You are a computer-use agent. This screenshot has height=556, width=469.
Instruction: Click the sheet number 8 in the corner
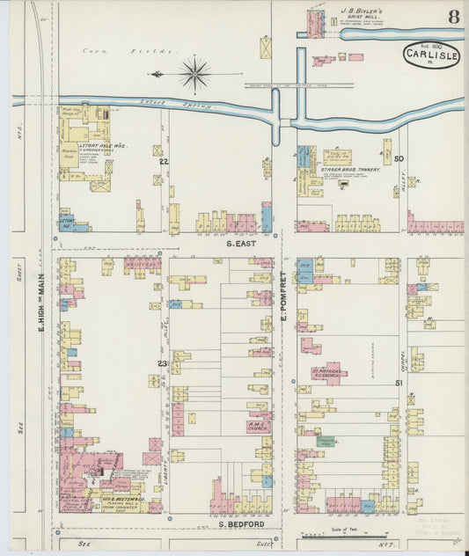coord(452,18)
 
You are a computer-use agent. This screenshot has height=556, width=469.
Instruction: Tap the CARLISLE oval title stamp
coord(432,55)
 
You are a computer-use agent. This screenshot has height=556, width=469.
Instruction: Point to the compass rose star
coord(194,74)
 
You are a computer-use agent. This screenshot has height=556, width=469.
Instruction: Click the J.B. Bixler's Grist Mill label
coord(363,17)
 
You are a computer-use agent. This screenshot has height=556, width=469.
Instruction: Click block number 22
coord(163,162)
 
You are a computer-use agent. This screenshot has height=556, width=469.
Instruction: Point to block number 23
coord(162,363)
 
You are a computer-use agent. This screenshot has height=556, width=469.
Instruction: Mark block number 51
coord(399,383)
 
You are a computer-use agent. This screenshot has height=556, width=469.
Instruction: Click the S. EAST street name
coord(240,242)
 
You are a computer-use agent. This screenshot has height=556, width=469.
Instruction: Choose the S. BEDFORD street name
coord(241,523)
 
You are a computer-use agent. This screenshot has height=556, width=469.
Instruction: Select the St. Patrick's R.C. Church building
coord(329,373)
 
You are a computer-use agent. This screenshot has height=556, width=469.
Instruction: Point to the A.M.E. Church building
coord(258,426)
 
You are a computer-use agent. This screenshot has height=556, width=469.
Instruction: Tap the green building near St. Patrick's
coord(325,441)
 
